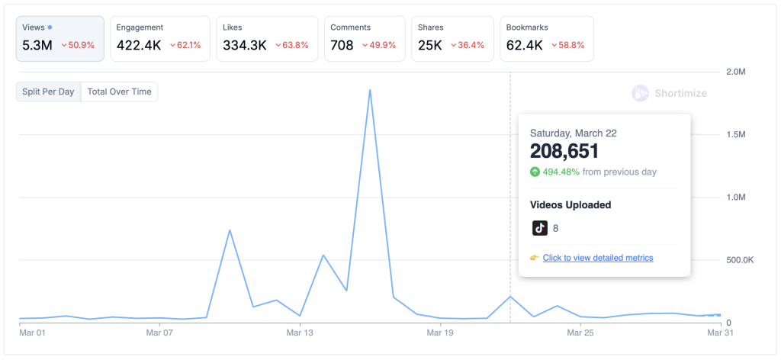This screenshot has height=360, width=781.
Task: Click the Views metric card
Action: (59, 37)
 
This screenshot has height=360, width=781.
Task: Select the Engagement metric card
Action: (159, 37)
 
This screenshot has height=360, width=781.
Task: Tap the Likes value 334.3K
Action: (245, 45)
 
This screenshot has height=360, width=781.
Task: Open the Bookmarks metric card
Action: (546, 37)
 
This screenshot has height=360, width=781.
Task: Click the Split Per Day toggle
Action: (48, 92)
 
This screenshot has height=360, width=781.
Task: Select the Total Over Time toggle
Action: (119, 92)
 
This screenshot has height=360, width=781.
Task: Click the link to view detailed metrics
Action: (598, 258)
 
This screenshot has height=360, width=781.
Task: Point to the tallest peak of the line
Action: (370, 90)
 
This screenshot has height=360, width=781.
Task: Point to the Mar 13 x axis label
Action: (300, 333)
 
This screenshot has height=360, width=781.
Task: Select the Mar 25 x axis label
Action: (580, 333)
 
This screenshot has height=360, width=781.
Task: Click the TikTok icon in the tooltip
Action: (540, 227)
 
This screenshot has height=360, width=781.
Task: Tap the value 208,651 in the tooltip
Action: (564, 151)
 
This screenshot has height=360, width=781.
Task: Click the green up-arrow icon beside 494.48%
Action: (535, 172)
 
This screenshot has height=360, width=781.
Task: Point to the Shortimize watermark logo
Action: (641, 93)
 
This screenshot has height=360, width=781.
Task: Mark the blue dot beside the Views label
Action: (50, 27)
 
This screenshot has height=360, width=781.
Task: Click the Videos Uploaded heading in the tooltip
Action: (570, 204)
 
